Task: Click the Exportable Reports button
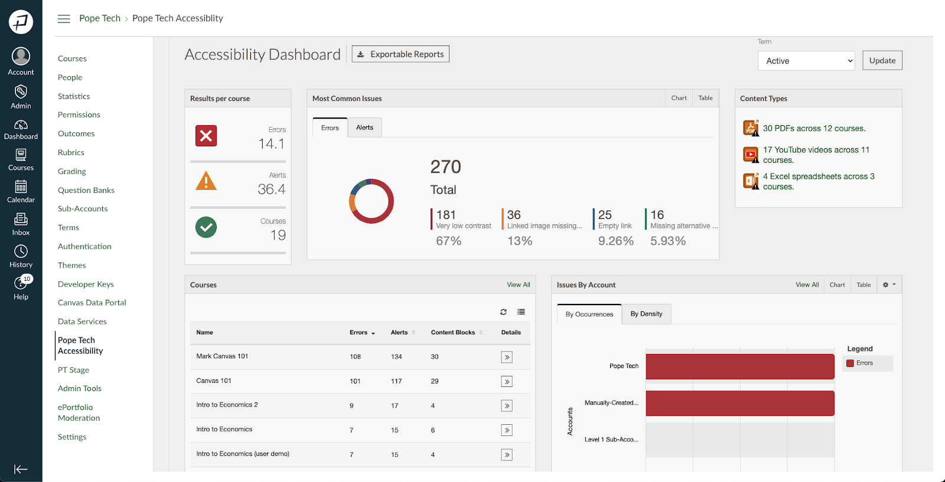click(x=400, y=54)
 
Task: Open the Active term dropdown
click(x=806, y=61)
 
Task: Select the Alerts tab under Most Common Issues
click(x=364, y=127)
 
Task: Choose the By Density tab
click(x=646, y=314)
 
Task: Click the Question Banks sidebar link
click(x=86, y=190)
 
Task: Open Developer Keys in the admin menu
click(x=86, y=284)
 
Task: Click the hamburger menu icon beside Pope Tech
click(x=64, y=19)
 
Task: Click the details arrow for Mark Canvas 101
click(x=507, y=357)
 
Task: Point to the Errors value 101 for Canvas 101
click(x=355, y=381)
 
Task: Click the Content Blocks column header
click(x=453, y=332)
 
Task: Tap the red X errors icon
click(x=206, y=136)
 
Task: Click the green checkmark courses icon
click(x=206, y=227)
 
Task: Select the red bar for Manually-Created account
click(x=739, y=403)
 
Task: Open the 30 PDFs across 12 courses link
click(x=814, y=128)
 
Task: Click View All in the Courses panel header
click(x=518, y=284)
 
